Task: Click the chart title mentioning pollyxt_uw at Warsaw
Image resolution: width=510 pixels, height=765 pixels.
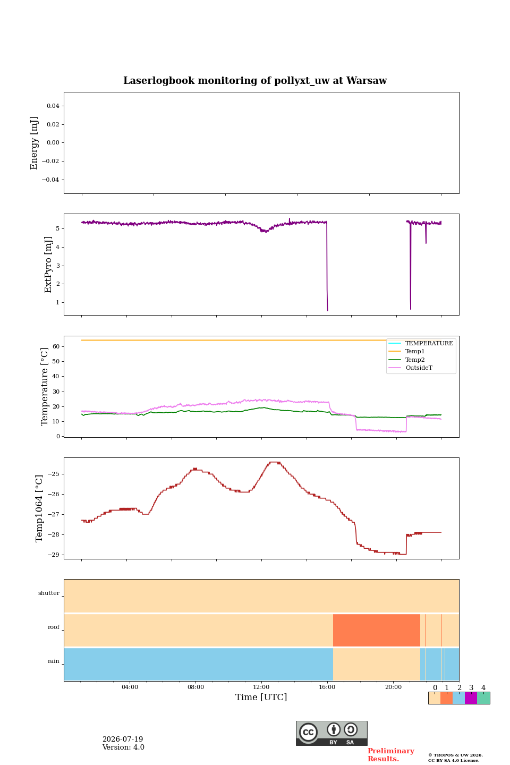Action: (255, 81)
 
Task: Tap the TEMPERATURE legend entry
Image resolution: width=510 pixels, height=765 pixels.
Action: (421, 343)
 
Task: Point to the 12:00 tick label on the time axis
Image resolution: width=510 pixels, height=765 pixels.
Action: (261, 687)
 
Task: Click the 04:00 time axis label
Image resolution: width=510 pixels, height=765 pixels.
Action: (130, 687)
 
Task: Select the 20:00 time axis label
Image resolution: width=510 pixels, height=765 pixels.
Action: (393, 687)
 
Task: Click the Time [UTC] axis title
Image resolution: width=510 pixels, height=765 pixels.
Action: (261, 697)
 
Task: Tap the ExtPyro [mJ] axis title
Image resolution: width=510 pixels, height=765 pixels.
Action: (48, 265)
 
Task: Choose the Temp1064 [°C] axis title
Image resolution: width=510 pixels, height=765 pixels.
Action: (39, 508)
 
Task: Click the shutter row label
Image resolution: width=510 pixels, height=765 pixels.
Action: (49, 593)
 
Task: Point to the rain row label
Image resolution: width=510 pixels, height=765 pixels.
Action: (54, 661)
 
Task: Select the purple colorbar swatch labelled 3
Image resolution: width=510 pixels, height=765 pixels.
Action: (471, 698)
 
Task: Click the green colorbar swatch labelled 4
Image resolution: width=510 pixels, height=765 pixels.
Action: (483, 698)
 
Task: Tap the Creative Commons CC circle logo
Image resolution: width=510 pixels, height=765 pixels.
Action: (308, 732)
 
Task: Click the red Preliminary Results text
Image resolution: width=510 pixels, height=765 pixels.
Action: (391, 755)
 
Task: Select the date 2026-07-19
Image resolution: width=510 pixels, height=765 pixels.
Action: (123, 739)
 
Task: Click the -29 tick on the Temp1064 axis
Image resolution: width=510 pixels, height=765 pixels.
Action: (53, 555)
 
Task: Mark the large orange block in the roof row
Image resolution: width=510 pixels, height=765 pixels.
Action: (377, 630)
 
